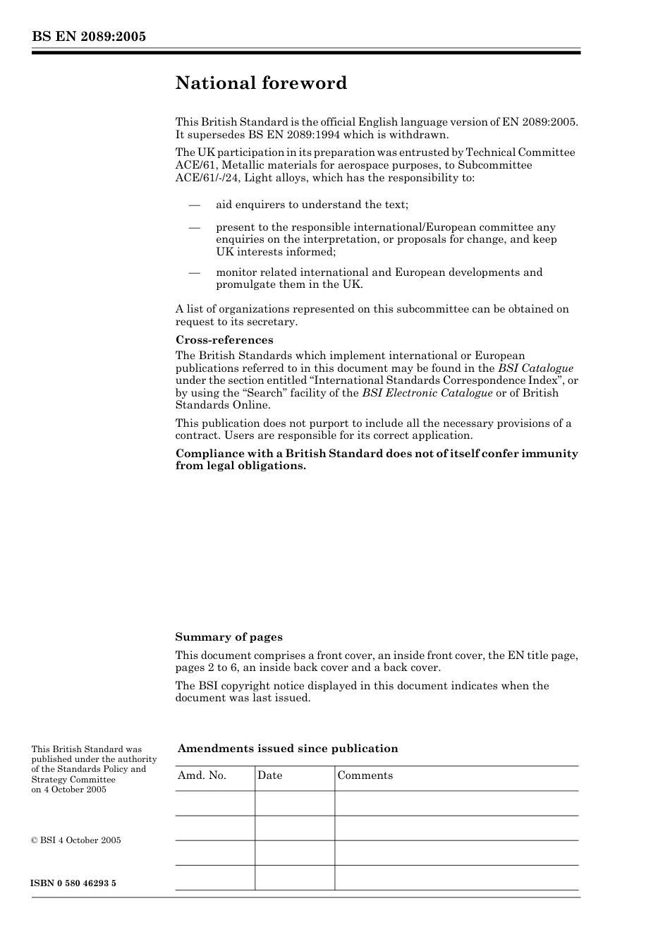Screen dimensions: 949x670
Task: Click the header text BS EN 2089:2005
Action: pos(89,37)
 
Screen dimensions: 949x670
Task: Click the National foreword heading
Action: pos(261,83)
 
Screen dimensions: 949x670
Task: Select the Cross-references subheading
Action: pos(224,340)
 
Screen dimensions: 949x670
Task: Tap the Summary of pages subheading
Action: pos(229,637)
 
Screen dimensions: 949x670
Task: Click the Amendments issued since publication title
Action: pos(288,749)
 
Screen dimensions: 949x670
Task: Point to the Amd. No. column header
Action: pos(202,775)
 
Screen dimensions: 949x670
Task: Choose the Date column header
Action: pos(269,775)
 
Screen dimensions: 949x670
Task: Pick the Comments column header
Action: pos(365,775)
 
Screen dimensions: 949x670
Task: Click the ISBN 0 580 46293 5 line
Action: pos(73,883)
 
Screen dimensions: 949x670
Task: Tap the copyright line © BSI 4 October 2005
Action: pos(76,840)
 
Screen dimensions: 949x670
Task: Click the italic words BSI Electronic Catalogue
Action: pos(427,393)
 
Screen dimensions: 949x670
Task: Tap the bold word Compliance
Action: pos(209,454)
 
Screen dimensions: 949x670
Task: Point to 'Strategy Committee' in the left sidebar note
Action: pos(73,780)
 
